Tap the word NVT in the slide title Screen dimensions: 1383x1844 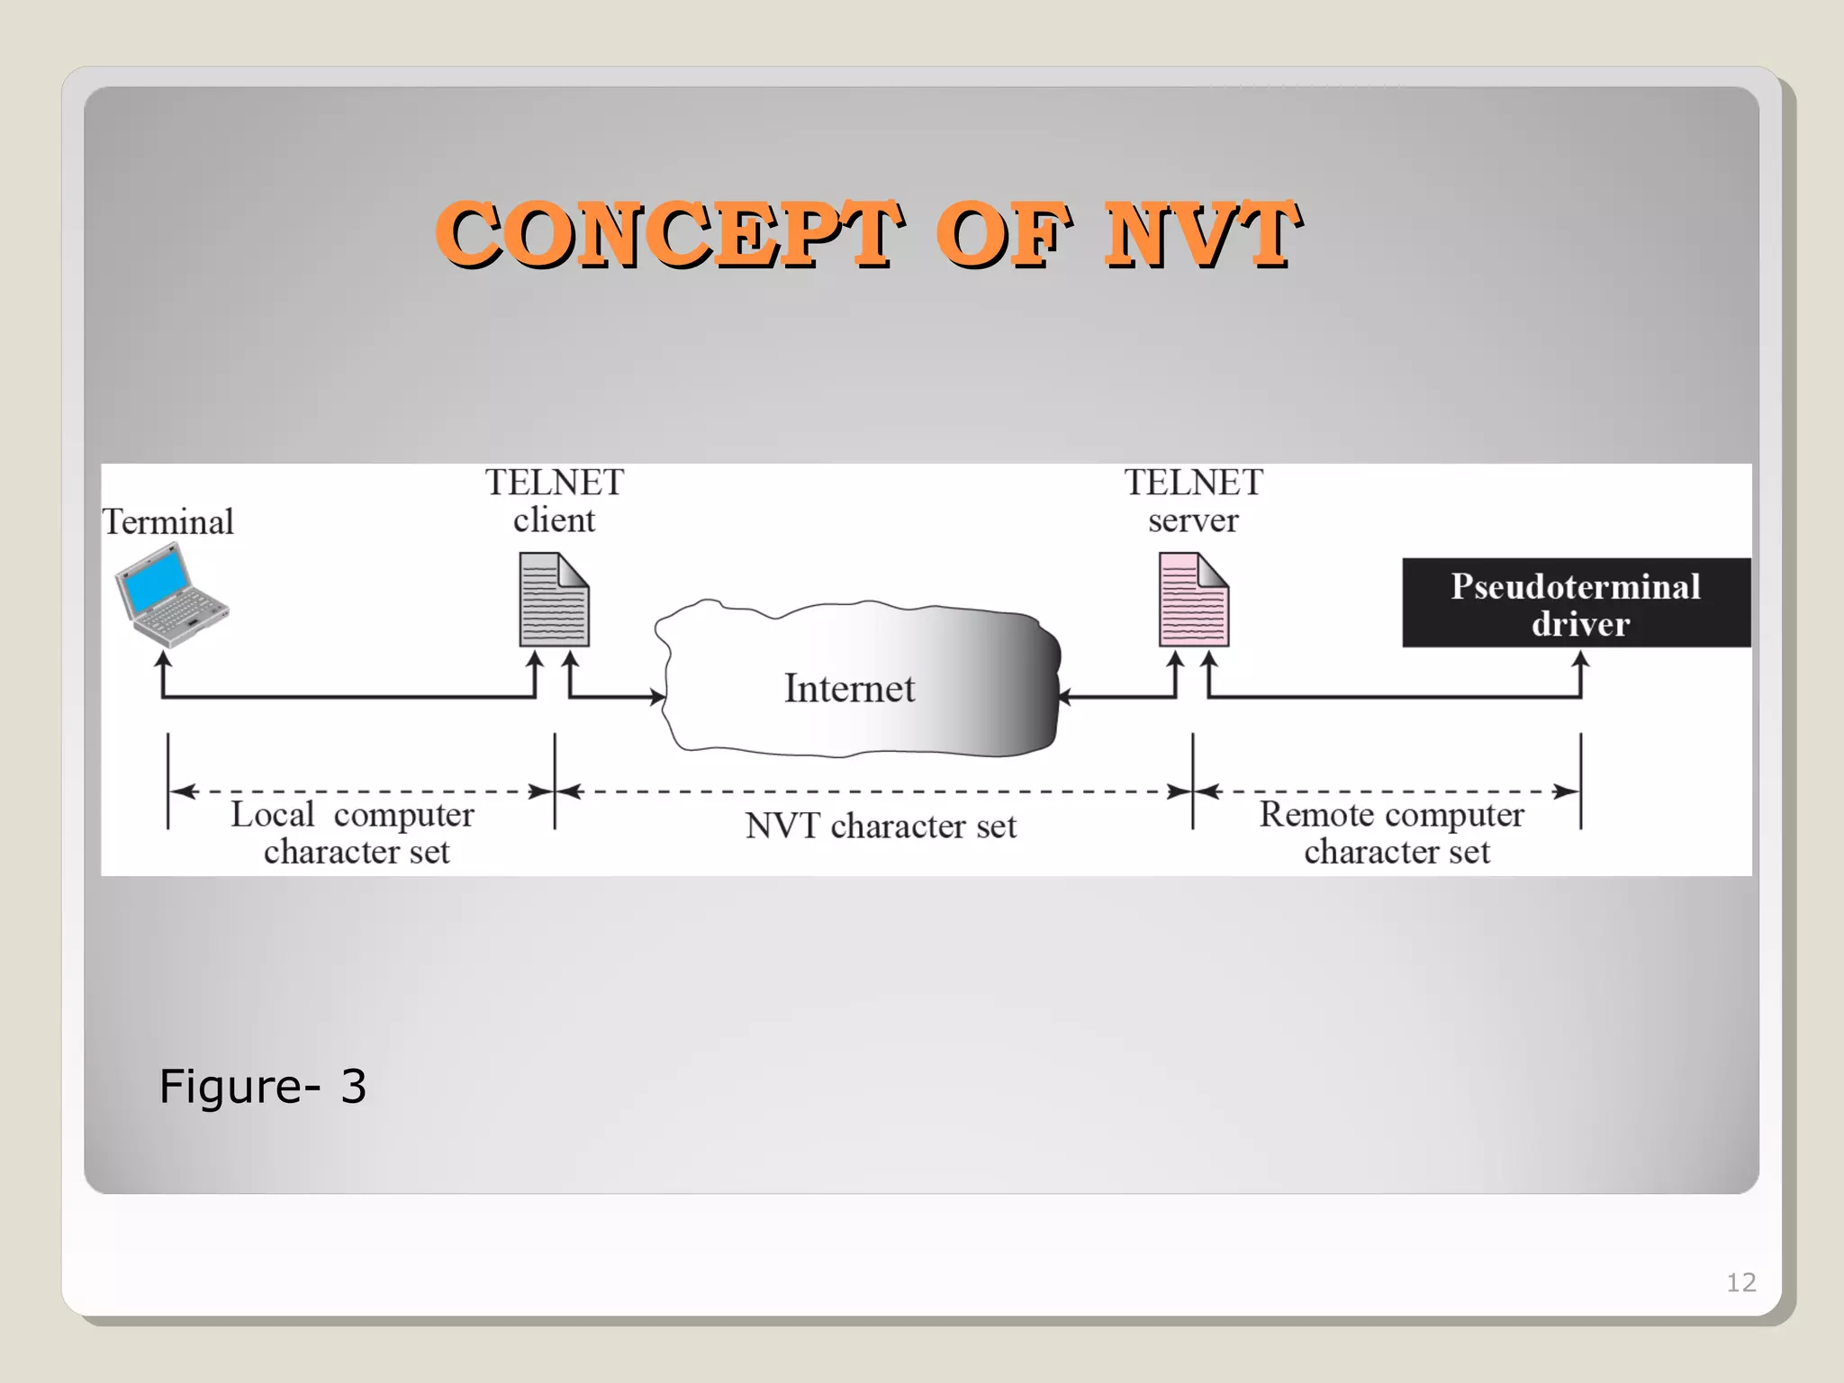pyautogui.click(x=1201, y=234)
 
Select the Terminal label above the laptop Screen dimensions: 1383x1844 pyautogui.click(x=167, y=522)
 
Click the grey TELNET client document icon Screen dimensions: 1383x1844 pyautogui.click(x=554, y=600)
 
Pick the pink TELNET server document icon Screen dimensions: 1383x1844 pyautogui.click(x=1193, y=600)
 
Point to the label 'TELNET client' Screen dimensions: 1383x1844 pyautogui.click(x=554, y=502)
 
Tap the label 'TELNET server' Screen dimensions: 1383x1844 pyautogui.click(x=1193, y=502)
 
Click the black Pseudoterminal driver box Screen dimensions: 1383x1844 pyautogui.click(x=1576, y=603)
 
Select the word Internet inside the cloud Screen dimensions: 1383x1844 pyautogui.click(x=849, y=689)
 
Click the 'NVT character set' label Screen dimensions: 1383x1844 pyautogui.click(x=881, y=826)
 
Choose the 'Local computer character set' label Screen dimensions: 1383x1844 pyautogui.click(x=354, y=833)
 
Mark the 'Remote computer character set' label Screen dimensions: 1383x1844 pyautogui.click(x=1394, y=833)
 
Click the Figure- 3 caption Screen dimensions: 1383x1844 pyautogui.click(x=262, y=1086)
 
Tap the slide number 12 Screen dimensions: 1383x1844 pyautogui.click(x=1740, y=1282)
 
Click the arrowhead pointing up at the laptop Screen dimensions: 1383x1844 pyautogui.click(x=163, y=660)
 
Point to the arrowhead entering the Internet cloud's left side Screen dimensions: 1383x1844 pyautogui.click(x=659, y=696)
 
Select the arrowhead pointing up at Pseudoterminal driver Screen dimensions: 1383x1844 pyautogui.click(x=1581, y=660)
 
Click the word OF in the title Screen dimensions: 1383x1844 pyautogui.click(x=1001, y=234)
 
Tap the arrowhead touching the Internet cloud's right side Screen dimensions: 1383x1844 pyautogui.click(x=1065, y=696)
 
